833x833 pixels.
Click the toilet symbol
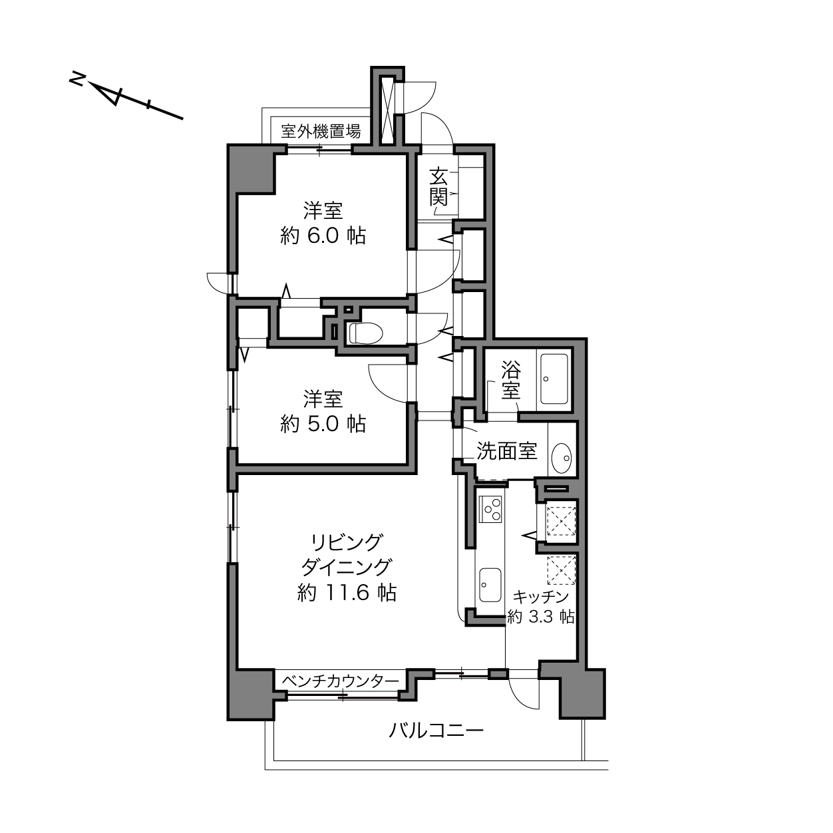(366, 333)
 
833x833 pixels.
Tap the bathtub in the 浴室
(555, 379)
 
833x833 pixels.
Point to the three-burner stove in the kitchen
(490, 509)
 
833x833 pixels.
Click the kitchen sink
(490, 584)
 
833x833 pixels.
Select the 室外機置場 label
(320, 130)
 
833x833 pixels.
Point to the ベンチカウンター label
(341, 681)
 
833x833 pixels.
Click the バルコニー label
(436, 731)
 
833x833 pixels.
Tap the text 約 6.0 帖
(323, 236)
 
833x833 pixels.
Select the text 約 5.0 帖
(323, 424)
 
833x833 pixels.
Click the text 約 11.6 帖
(347, 593)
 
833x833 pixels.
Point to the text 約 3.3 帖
(540, 617)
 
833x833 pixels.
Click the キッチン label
(540, 597)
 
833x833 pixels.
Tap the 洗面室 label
(506, 451)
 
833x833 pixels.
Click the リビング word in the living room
(347, 543)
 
